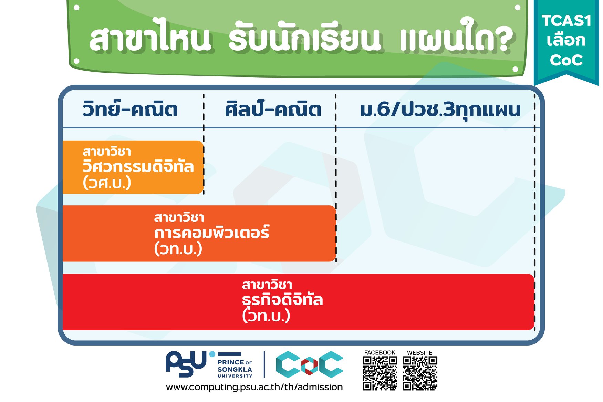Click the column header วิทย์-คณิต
click(130, 109)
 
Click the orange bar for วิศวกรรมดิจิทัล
click(133, 167)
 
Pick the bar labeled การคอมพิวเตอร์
click(199, 234)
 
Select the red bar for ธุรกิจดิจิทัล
click(298, 302)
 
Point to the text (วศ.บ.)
click(107, 183)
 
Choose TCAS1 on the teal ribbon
click(566, 21)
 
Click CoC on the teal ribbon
click(566, 60)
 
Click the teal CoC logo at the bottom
click(309, 364)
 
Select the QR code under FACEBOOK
click(380, 373)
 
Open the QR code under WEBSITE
click(420, 373)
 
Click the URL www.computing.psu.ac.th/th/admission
click(254, 387)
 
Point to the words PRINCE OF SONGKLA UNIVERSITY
click(235, 369)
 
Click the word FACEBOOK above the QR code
click(380, 352)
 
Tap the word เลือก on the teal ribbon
click(566, 40)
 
